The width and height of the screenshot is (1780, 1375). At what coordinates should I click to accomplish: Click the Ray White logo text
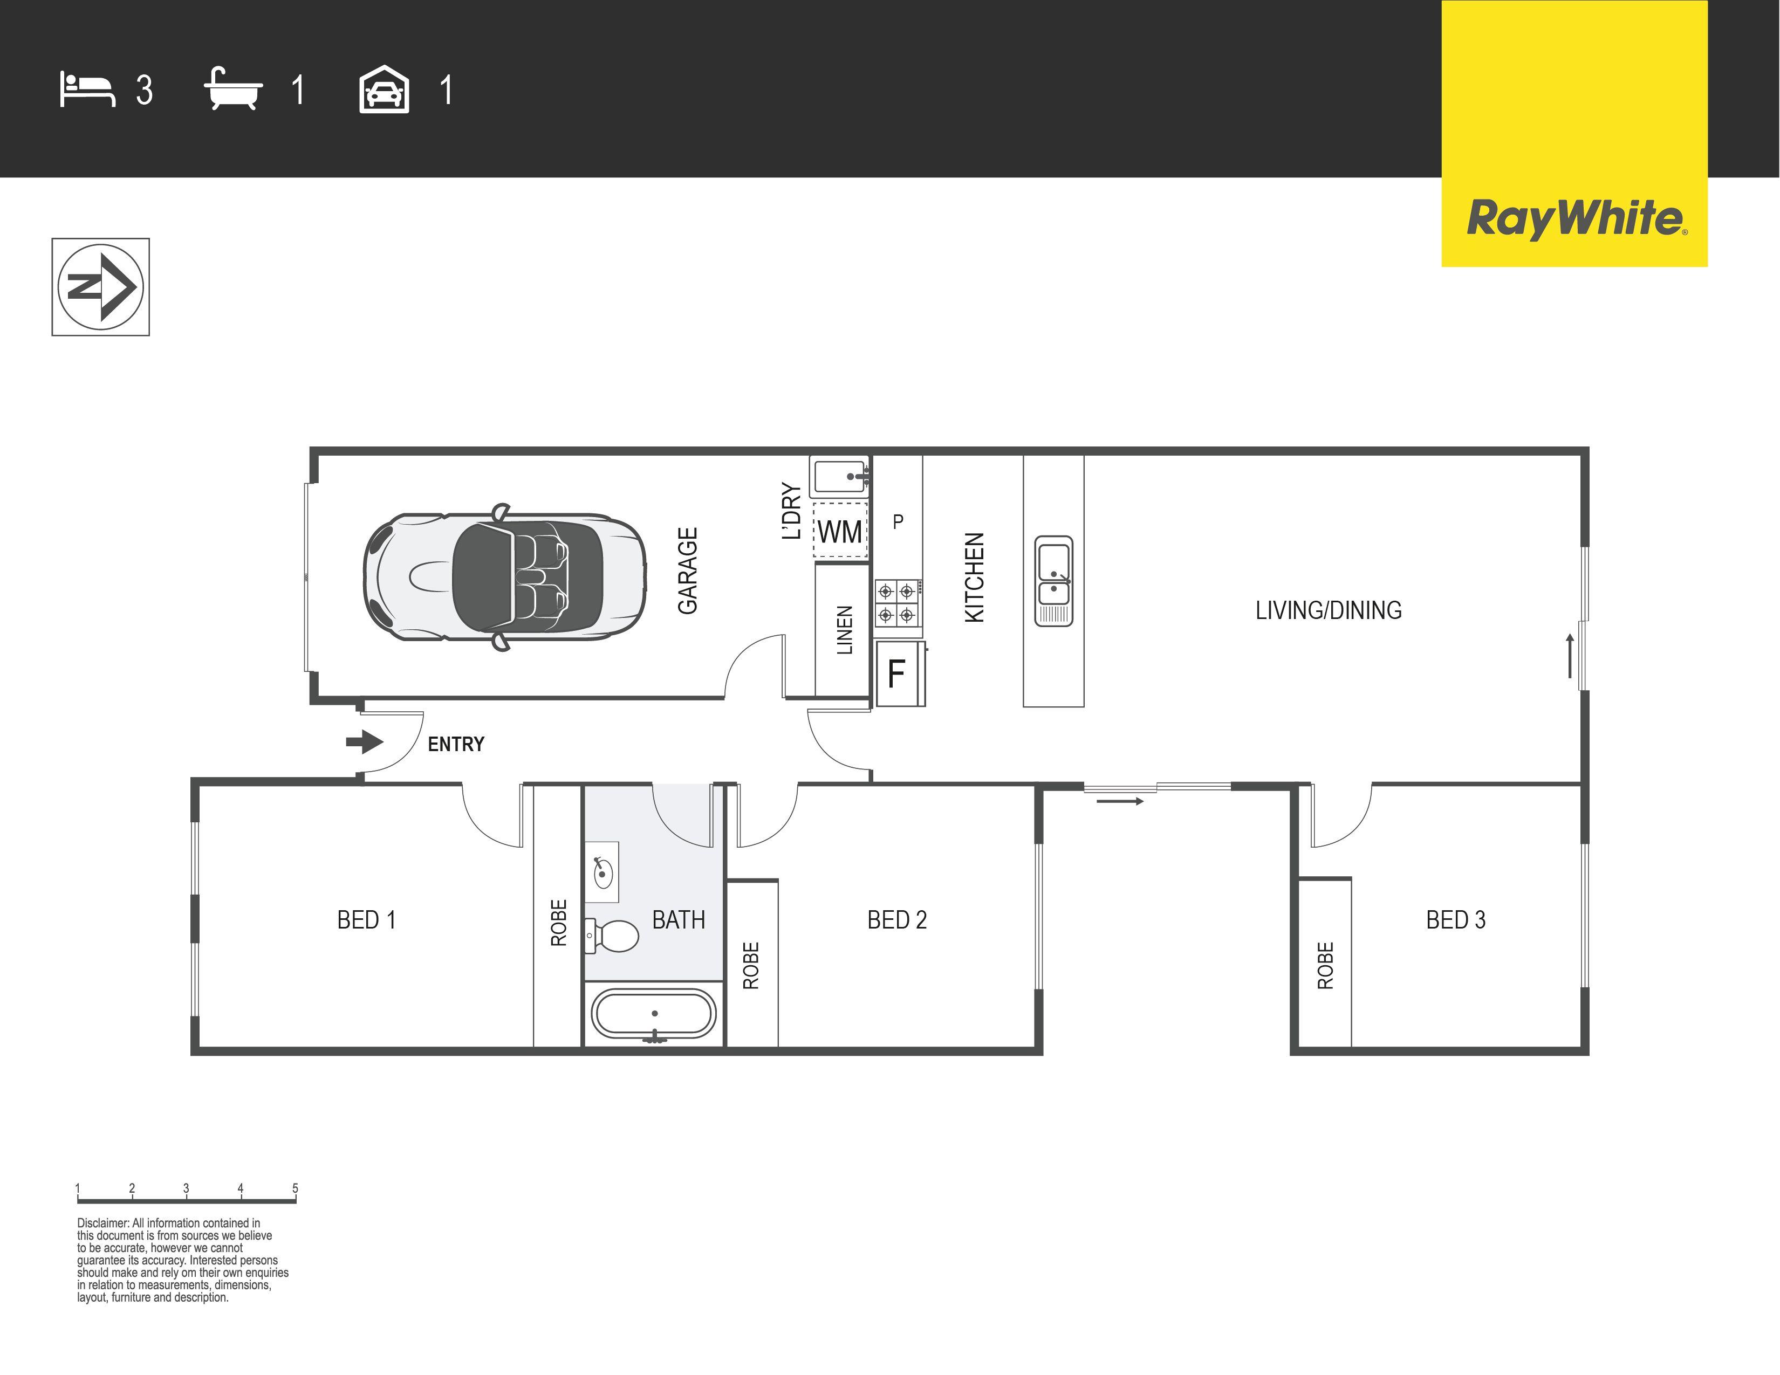1574,218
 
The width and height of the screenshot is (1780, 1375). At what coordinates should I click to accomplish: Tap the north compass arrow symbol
101,287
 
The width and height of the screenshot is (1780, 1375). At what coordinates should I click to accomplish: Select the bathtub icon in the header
233,89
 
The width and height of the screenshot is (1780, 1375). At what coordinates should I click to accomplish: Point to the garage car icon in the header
384,90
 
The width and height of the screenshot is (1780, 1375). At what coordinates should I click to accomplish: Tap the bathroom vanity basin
603,873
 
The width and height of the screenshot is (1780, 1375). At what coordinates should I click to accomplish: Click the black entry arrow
364,742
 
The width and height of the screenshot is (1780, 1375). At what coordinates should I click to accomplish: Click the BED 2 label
896,920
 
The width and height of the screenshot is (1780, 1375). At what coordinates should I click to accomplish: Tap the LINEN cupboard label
844,630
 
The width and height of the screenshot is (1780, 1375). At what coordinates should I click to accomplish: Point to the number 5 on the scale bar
295,1188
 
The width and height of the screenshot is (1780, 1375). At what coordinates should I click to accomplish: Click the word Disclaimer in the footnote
102,1223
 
